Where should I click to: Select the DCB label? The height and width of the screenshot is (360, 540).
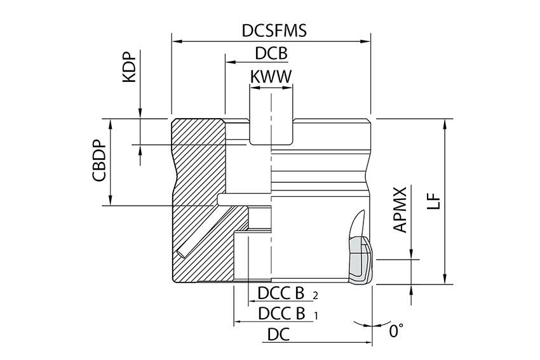[271, 53]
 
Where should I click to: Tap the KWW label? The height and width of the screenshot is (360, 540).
[271, 77]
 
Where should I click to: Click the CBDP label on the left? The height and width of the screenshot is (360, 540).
[98, 161]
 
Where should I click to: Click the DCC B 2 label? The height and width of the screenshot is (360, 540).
[282, 293]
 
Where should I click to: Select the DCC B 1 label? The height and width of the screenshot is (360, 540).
[282, 313]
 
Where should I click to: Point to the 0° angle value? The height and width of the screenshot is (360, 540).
[396, 331]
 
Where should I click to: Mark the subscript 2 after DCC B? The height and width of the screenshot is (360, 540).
[315, 296]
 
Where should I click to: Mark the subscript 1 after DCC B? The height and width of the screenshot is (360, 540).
[316, 315]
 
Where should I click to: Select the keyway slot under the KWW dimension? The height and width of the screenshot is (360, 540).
[271, 130]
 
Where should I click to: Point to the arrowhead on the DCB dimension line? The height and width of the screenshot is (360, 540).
[229, 63]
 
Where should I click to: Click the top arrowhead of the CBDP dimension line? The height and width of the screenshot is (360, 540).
[112, 123]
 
